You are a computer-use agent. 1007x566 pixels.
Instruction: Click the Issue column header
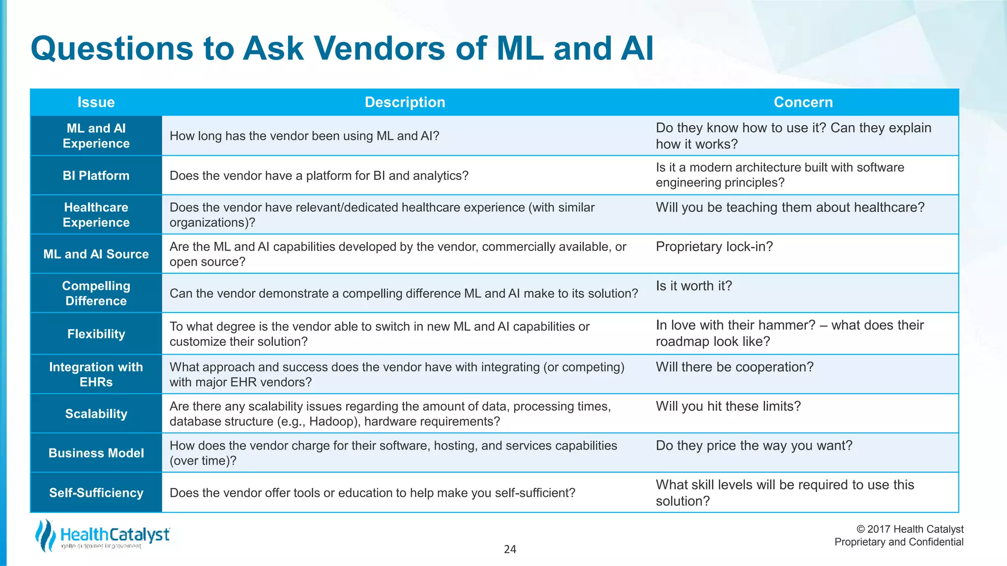[96, 102]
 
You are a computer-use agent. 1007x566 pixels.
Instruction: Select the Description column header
[405, 102]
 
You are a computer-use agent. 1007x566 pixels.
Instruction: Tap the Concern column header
[803, 102]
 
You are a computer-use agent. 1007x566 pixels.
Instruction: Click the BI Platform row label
[96, 175]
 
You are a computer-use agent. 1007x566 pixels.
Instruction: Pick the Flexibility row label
[96, 334]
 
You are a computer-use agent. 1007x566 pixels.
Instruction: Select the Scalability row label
[96, 414]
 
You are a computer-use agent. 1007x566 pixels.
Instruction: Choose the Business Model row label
[96, 453]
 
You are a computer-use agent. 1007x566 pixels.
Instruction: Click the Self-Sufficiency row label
[96, 493]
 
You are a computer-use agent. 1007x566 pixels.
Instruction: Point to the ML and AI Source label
[96, 254]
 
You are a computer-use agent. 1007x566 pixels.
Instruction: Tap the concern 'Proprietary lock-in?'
[714, 247]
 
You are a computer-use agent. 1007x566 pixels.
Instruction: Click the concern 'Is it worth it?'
[693, 286]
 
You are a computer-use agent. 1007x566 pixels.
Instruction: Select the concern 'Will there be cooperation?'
[734, 367]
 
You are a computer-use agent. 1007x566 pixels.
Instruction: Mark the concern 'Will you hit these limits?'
[728, 406]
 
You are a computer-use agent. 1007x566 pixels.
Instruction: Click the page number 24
[510, 549]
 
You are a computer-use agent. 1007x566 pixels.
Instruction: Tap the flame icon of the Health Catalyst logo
[45, 536]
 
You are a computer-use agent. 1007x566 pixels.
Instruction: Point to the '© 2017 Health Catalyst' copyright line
[910, 529]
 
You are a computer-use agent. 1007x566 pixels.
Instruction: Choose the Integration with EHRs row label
[96, 374]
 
